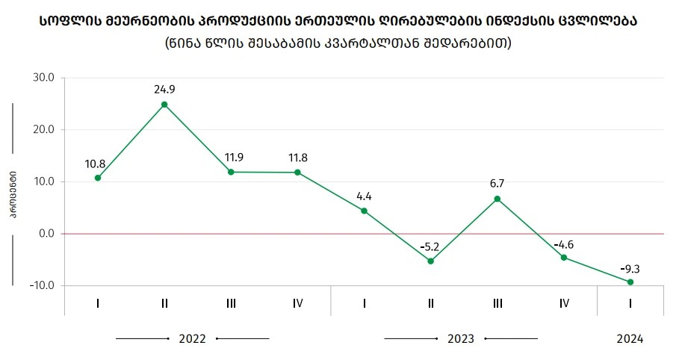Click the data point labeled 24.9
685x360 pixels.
click(164, 105)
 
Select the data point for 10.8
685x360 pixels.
click(98, 178)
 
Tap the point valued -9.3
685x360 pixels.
click(630, 282)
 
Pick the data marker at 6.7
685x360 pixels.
click(498, 199)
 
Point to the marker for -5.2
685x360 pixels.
click(431, 261)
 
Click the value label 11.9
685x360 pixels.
click(231, 158)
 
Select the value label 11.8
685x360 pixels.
click(297, 158)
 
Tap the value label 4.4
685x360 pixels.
click(364, 197)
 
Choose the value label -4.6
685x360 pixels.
click(564, 244)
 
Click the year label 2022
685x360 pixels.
click(192, 338)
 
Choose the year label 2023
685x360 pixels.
click(461, 338)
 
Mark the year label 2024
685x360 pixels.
click(630, 338)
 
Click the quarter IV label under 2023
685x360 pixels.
click(564, 303)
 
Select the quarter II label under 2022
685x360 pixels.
click(164, 303)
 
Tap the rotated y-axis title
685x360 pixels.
click(13, 195)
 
